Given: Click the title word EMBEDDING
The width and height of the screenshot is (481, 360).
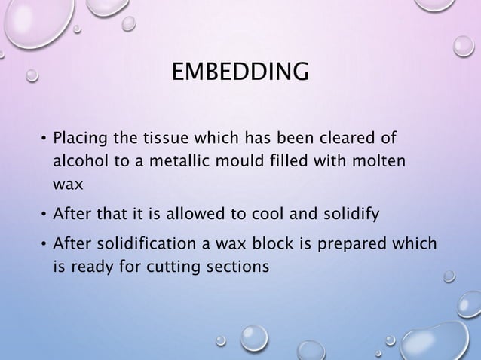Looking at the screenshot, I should coord(240,73).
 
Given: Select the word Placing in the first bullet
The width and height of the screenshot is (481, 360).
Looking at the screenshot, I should coord(81,139).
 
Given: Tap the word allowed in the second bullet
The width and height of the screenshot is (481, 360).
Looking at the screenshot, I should coord(191,215).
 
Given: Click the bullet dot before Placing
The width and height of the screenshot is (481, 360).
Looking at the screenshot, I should coord(43,140).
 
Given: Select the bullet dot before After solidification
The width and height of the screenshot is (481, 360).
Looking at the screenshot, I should coord(43,245).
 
